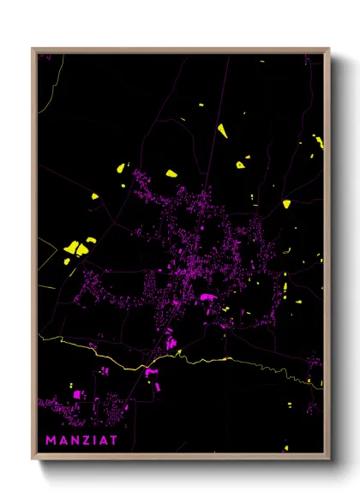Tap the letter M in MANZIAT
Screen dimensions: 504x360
[x=51, y=441]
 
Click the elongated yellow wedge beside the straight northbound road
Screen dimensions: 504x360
[x=222, y=130]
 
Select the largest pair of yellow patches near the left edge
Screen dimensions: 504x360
[x=76, y=248]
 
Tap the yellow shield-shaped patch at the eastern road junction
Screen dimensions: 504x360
[x=286, y=204]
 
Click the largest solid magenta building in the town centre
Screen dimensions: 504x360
[x=208, y=298]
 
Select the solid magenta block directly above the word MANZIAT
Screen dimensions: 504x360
[x=77, y=394]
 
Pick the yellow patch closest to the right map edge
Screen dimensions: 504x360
[x=319, y=141]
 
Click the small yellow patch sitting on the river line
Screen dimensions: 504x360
[x=227, y=359]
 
